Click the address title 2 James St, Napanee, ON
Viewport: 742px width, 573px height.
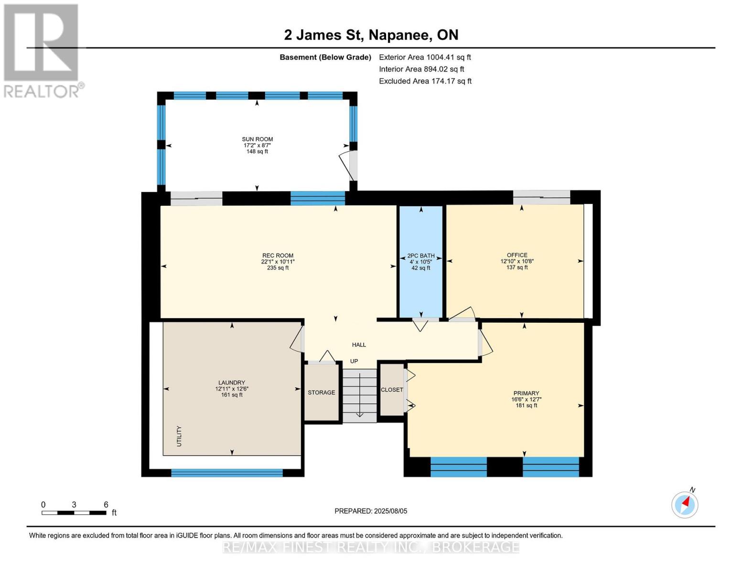371,35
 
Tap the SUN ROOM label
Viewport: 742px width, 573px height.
257,139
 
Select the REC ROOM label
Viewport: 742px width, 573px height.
278,255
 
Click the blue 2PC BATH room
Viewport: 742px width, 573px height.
420,286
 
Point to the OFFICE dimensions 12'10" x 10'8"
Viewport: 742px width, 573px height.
516,261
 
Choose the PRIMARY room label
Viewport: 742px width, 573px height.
526,393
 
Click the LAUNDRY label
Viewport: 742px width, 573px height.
232,382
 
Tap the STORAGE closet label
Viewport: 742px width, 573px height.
321,393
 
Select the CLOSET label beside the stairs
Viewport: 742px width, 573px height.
392,390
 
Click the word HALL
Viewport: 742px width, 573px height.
359,345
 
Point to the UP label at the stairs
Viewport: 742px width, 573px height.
354,361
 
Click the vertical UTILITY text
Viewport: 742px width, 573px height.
180,436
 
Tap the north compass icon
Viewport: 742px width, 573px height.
685,504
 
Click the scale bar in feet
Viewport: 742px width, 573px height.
74,513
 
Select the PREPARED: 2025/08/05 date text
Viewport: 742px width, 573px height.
371,511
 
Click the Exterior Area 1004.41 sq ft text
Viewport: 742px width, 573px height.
425,57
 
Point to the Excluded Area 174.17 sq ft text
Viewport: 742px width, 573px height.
425,81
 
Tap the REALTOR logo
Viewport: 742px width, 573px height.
42,50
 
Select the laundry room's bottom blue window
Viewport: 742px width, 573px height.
227,473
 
